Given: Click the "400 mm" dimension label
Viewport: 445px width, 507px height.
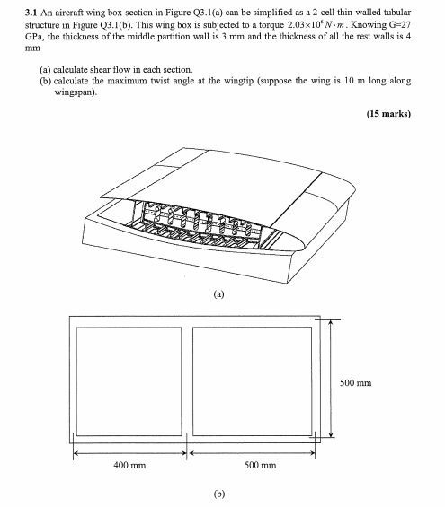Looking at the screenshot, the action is [129, 466].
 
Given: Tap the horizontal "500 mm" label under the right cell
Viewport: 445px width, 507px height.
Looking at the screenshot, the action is [260, 466].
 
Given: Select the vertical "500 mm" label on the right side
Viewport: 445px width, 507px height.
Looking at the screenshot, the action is [356, 383].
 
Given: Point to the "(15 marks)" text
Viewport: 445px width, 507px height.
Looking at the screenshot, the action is [388, 114].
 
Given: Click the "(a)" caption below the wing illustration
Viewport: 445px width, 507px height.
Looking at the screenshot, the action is [218, 293].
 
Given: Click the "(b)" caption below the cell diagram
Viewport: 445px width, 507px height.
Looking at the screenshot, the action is [218, 494].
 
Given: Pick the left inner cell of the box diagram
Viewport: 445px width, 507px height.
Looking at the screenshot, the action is [129, 382].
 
